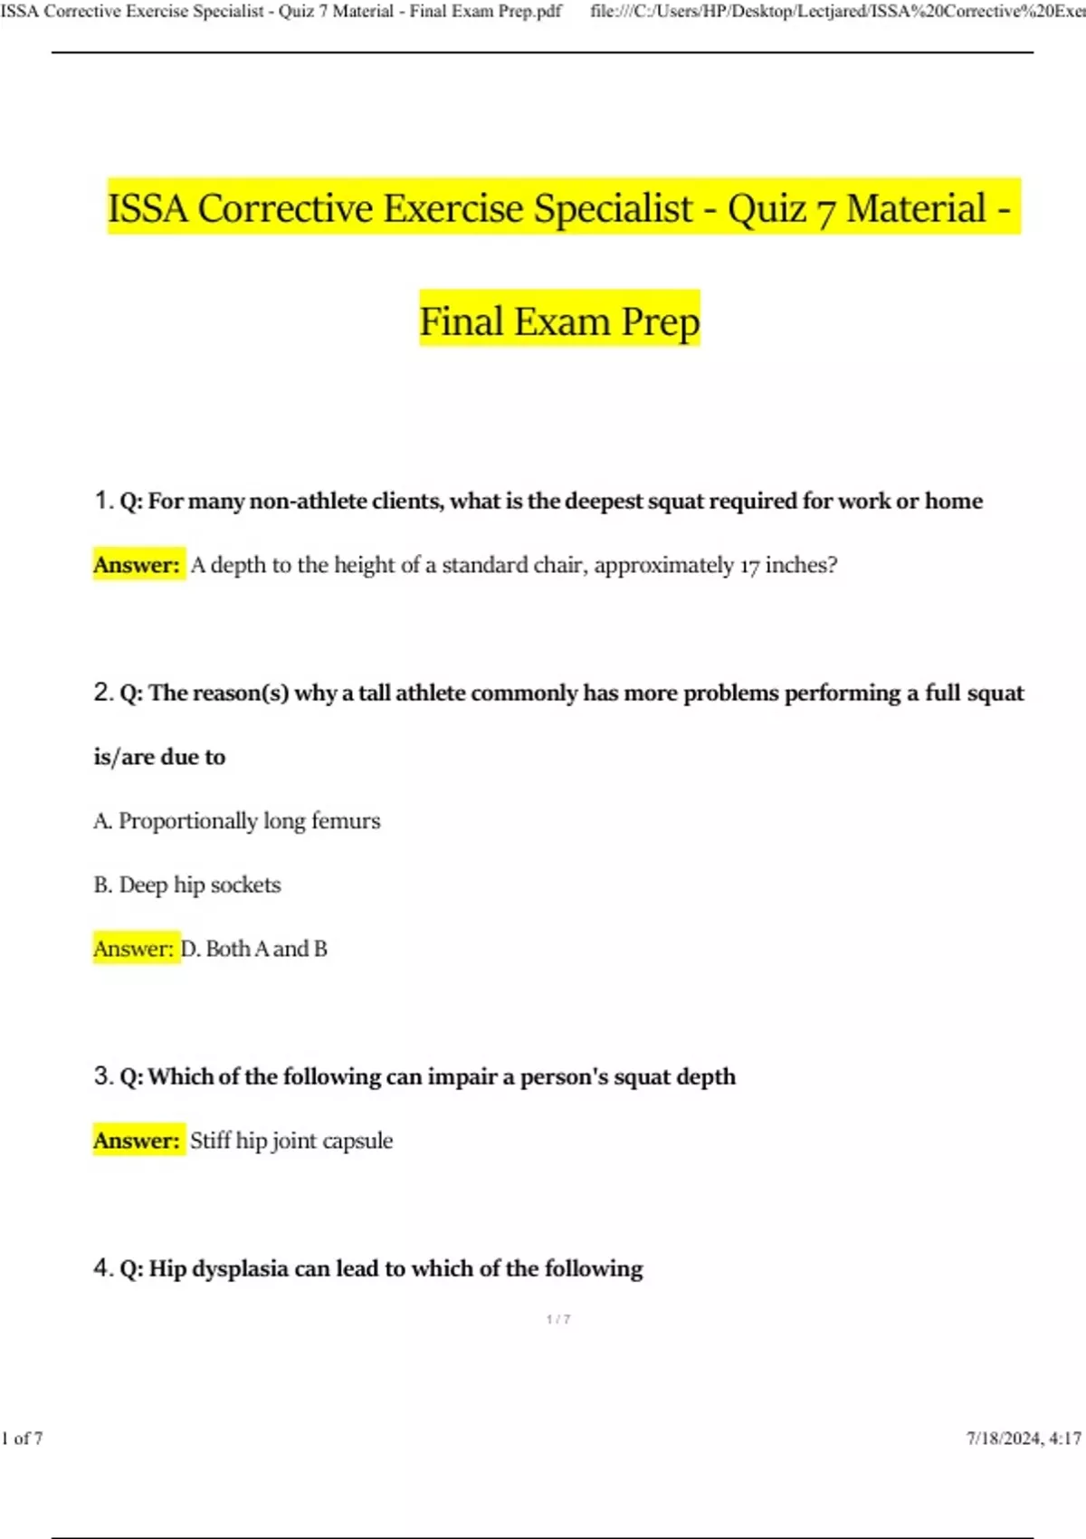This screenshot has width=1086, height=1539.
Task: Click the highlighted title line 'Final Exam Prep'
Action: (x=559, y=321)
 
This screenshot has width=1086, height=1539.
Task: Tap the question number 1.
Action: (x=102, y=500)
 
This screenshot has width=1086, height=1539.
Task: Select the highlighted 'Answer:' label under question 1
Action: (x=138, y=565)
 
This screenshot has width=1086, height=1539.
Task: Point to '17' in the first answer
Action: (x=748, y=566)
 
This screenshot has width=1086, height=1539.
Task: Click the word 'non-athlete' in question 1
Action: (x=308, y=501)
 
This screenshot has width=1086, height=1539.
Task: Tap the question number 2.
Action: (x=102, y=693)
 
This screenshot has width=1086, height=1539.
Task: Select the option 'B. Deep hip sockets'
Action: (x=187, y=884)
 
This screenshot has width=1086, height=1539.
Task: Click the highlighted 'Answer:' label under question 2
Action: (x=134, y=949)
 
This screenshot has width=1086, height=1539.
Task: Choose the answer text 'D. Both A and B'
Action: (x=254, y=949)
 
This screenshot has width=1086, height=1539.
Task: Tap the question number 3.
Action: (x=102, y=1076)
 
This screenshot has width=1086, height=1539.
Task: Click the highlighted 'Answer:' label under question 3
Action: (x=138, y=1141)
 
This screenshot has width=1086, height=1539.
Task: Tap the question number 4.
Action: (x=102, y=1268)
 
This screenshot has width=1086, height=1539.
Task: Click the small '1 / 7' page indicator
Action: (x=558, y=1319)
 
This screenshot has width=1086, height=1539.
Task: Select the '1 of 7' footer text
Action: (x=23, y=1439)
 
